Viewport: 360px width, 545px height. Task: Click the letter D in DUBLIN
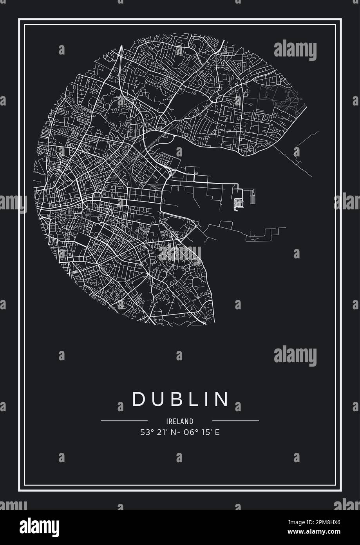click(139, 398)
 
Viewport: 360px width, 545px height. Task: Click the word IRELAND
click(180, 421)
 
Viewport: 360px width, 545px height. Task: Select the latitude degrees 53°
click(145, 432)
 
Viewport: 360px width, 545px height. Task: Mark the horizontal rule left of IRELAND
click(124, 421)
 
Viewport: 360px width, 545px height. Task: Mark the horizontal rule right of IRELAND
click(235, 421)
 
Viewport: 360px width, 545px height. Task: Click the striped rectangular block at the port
click(252, 197)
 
